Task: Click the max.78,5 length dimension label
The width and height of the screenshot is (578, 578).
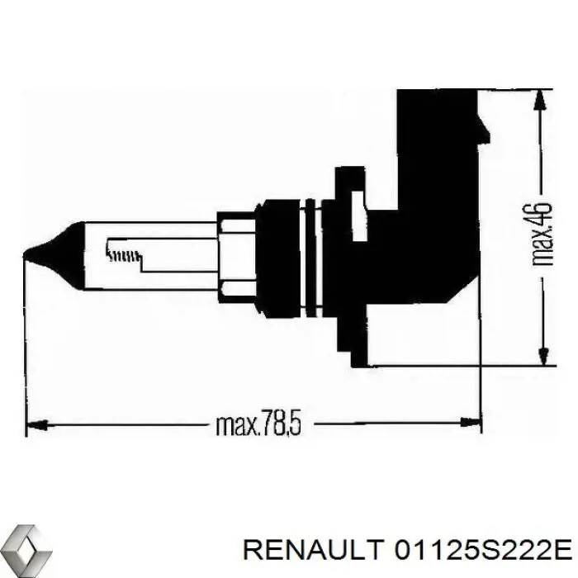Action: pos(258,425)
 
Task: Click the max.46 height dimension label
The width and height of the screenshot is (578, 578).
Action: pos(543,234)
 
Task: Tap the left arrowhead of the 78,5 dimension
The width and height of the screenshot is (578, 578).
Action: pos(38,424)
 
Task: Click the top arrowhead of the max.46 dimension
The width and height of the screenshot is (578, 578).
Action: pos(540,100)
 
